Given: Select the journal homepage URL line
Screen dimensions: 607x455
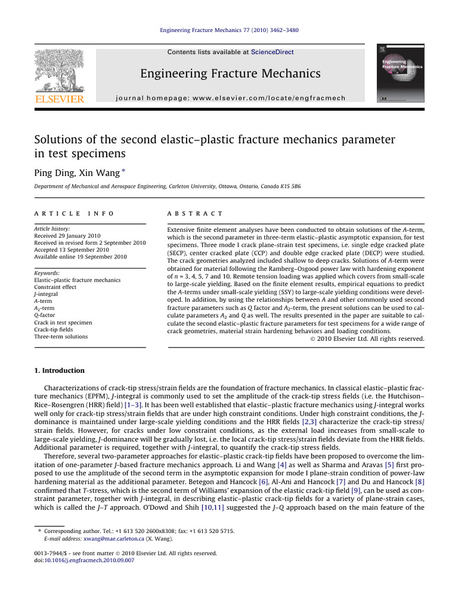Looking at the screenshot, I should pos(230,98).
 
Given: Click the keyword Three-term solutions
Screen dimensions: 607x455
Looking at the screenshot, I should pos(61,337).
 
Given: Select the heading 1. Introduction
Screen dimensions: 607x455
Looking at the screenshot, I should pos(59,370).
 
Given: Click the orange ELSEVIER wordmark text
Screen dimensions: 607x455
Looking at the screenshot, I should pos(59,98).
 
